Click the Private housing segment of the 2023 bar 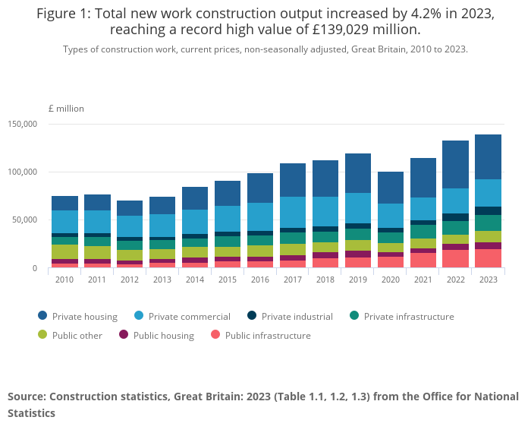point(488,157)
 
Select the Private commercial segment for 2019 point(358,208)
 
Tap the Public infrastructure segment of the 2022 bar point(455,259)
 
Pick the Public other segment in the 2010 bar point(64,252)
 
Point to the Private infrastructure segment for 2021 point(423,232)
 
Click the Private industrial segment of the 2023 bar point(488,210)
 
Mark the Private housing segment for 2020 point(391,188)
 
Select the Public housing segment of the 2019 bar point(358,254)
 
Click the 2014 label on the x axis point(195,280)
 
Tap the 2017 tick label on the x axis point(293,280)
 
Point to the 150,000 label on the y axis point(22,124)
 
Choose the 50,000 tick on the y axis point(25,220)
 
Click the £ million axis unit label point(66,109)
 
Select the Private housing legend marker point(42,316)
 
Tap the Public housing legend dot point(124,335)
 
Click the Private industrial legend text point(297,316)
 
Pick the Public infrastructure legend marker point(215,335)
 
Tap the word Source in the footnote point(27,397)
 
